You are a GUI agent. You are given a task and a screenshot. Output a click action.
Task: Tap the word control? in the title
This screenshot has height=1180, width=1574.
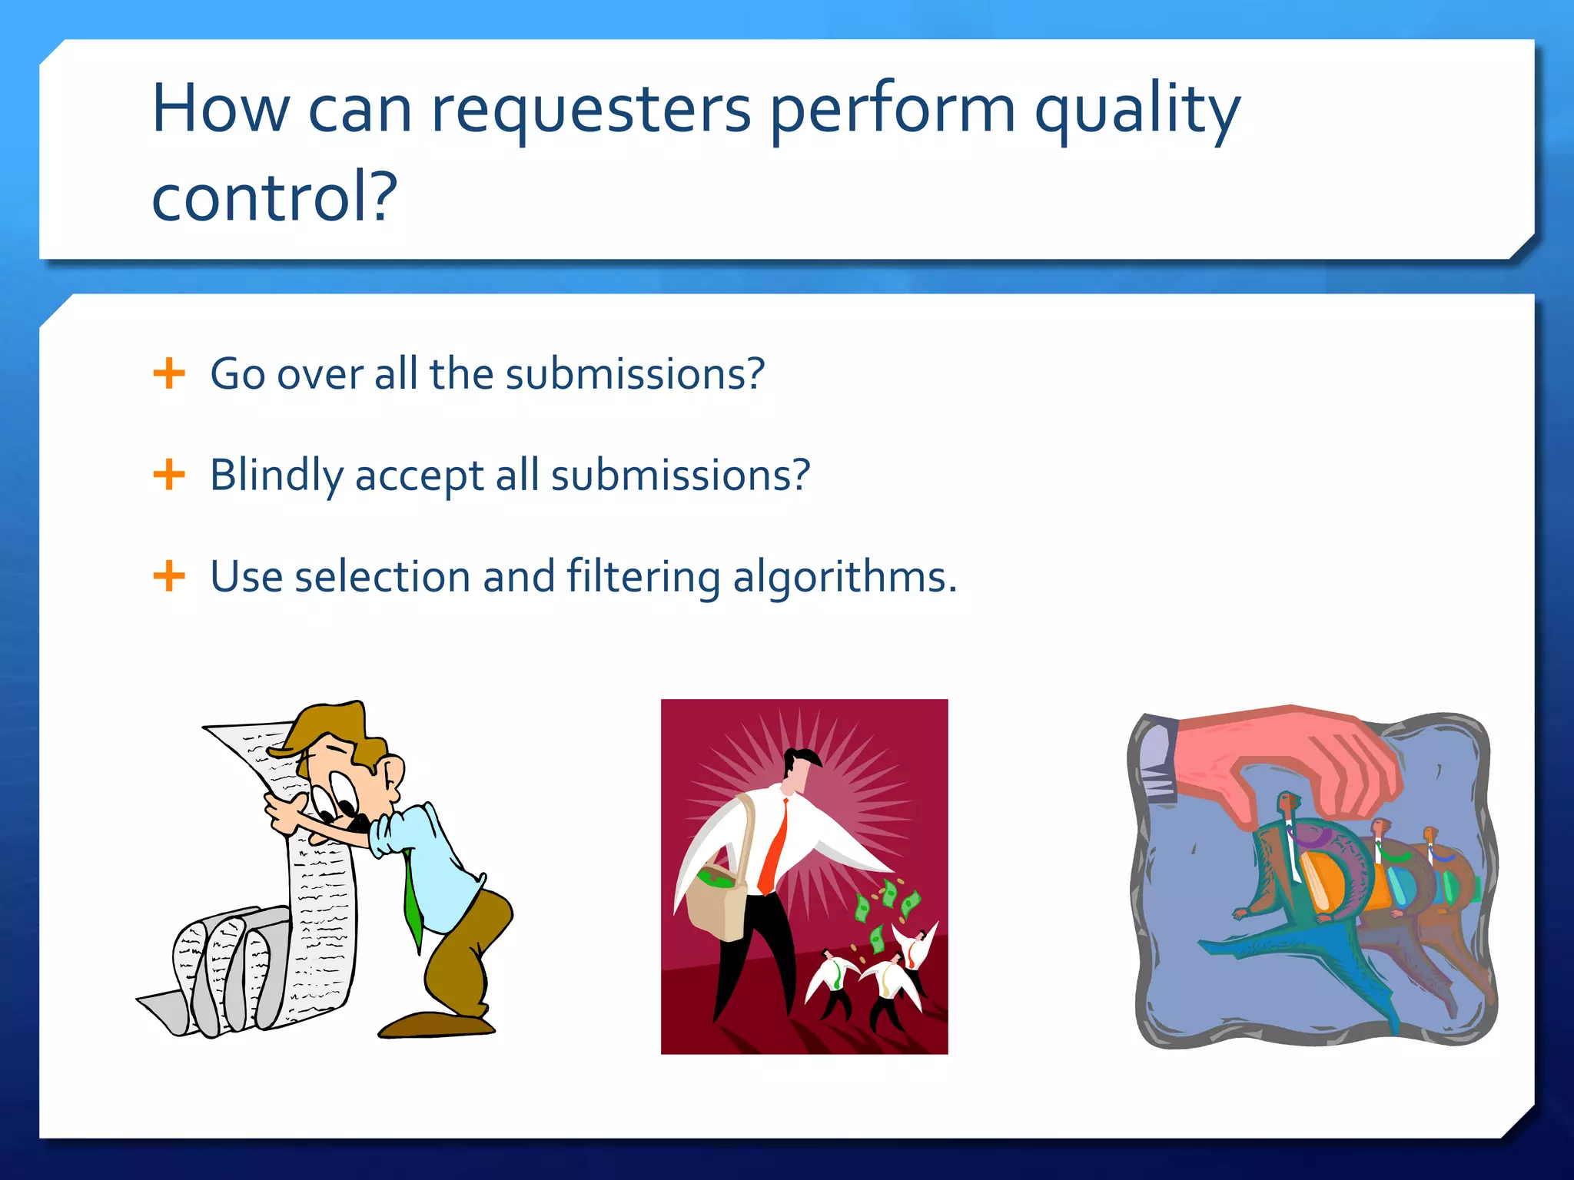coord(274,197)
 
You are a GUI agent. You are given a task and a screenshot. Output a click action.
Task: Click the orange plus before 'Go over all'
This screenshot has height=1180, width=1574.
coord(169,373)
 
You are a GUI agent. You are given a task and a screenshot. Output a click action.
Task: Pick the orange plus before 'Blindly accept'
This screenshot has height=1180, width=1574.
coord(169,475)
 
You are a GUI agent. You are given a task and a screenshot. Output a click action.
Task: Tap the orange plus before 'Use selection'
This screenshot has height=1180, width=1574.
coord(169,576)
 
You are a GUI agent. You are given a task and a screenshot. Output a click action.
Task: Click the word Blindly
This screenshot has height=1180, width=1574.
coord(276,475)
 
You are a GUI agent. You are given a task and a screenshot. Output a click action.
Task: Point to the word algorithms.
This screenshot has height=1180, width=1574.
coord(844,578)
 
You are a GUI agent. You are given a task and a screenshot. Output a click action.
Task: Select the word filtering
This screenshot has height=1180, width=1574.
coord(643,578)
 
